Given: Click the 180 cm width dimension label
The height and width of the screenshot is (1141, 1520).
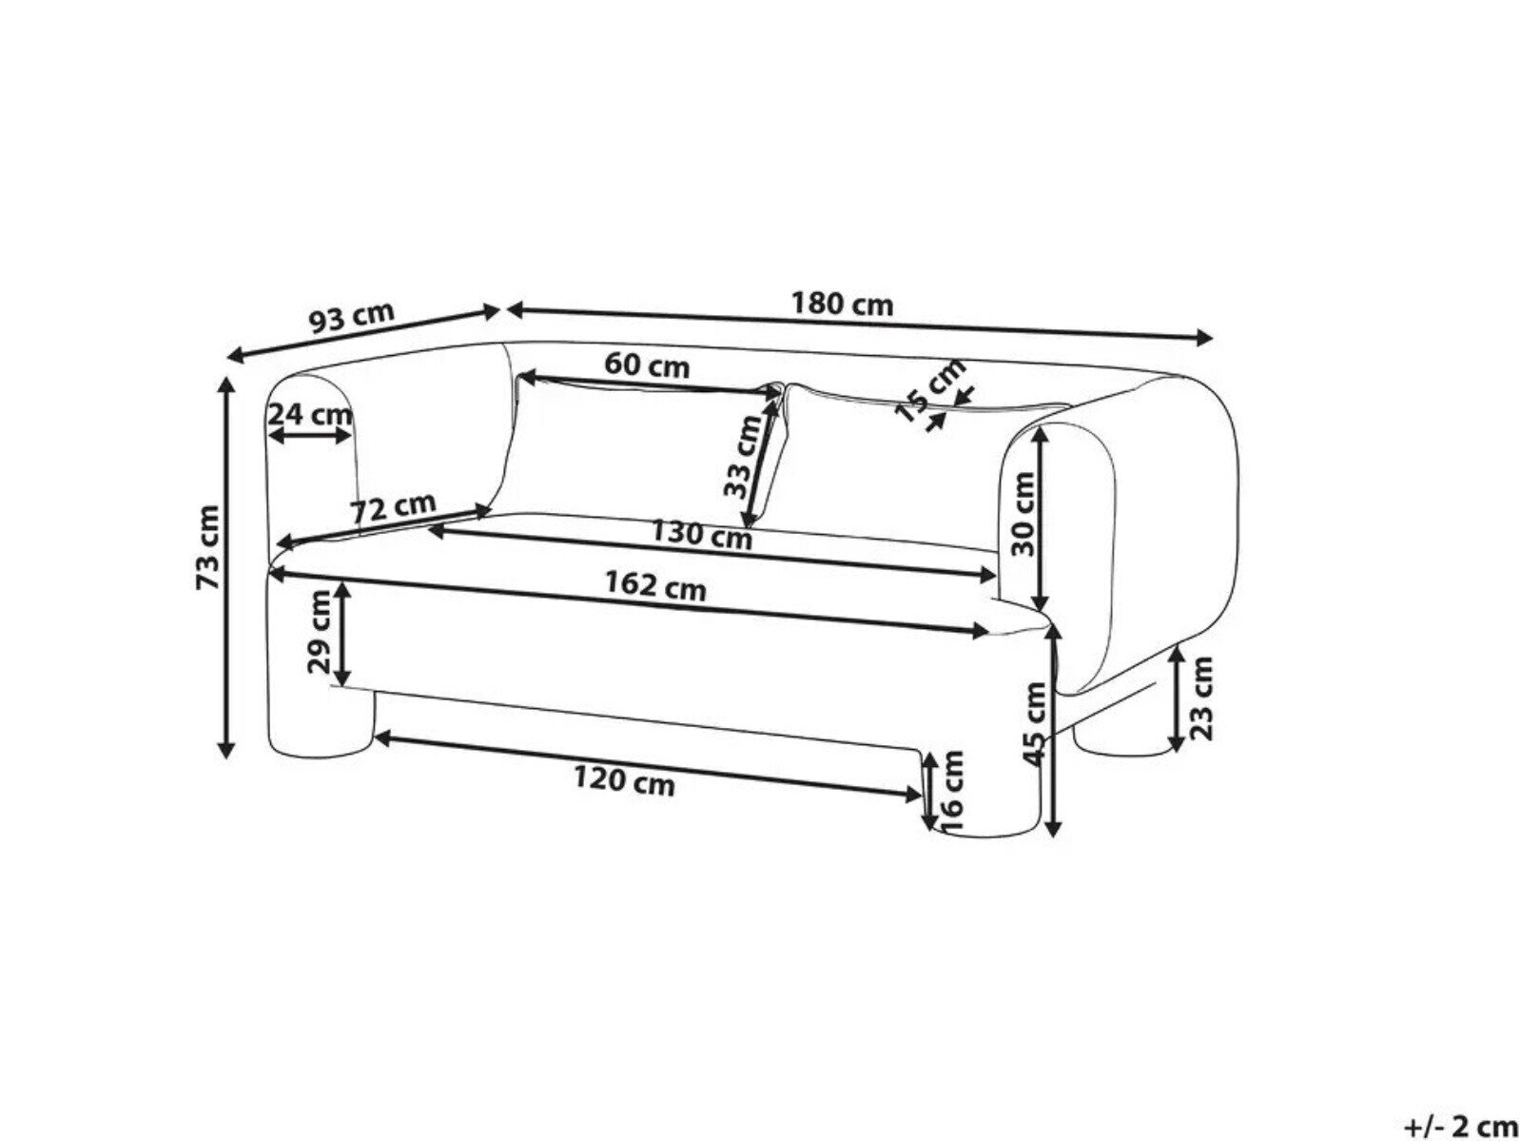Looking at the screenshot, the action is coord(842,304).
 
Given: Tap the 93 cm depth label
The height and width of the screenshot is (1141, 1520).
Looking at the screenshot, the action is coord(351,317).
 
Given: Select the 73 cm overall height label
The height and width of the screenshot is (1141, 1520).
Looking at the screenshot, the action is coord(208,547).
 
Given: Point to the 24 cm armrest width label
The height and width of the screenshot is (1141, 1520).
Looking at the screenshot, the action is coord(310,415).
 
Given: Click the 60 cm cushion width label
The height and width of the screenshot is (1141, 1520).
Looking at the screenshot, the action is coord(647,364).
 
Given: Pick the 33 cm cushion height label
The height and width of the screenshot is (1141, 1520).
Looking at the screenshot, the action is coord(742,457).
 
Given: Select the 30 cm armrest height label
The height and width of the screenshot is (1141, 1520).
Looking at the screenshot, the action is coord(1023,514).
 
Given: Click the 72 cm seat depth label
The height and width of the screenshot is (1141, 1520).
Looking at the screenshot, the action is coord(394,508).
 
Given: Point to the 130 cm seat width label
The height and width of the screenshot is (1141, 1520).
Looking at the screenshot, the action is coord(701,534).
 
